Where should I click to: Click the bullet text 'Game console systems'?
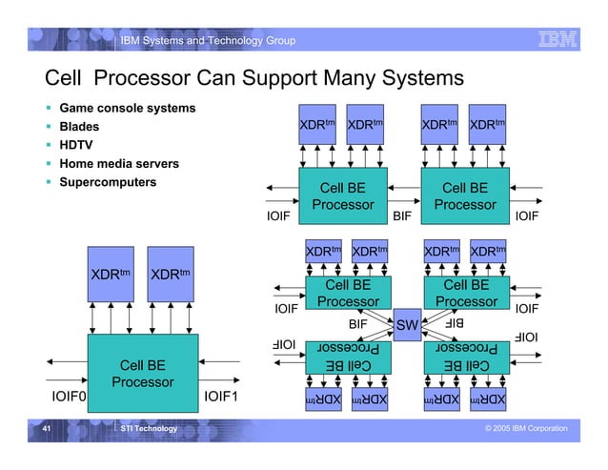click(127, 108)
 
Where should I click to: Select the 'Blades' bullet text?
click(79, 127)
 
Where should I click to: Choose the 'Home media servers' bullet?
click(118, 164)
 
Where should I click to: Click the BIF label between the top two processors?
click(402, 216)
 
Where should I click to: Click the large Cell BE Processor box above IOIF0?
click(143, 374)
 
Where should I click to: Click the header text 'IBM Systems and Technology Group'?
click(207, 40)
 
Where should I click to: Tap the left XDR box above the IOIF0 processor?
click(111, 275)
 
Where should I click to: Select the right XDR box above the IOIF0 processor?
click(171, 275)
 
